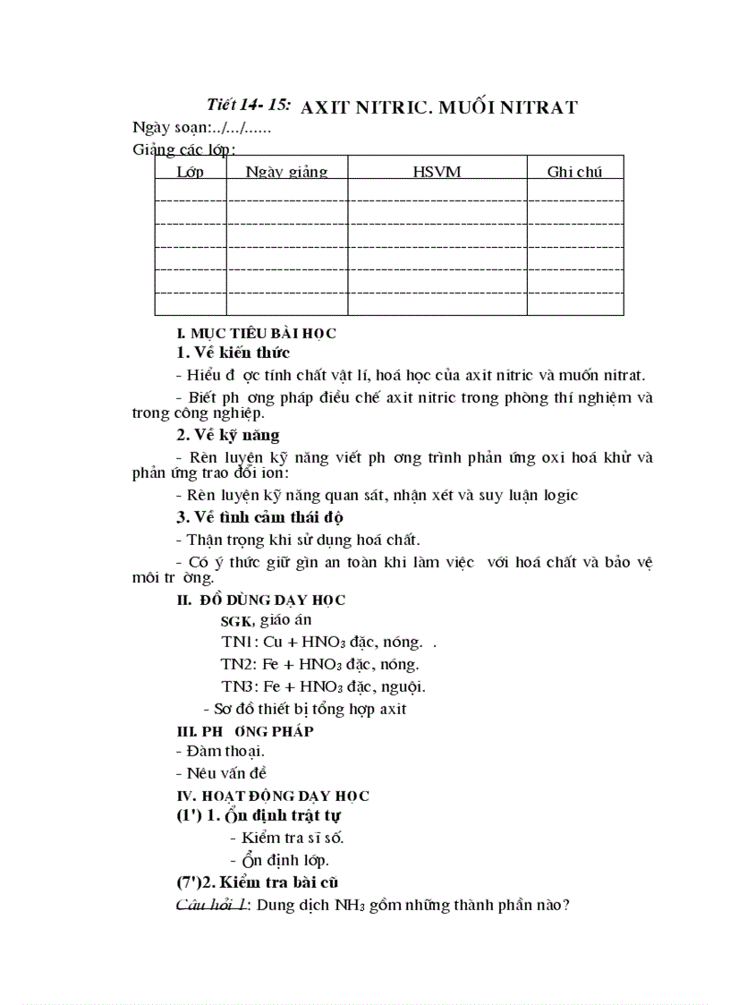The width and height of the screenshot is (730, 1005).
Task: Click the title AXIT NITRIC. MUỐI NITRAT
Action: tap(439, 107)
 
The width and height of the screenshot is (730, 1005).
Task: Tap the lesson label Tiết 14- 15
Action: tap(249, 105)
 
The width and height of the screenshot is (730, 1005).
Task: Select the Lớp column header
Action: tap(190, 172)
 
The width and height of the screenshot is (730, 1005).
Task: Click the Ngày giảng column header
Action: tap(286, 172)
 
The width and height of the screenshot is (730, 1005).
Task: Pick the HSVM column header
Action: tap(437, 172)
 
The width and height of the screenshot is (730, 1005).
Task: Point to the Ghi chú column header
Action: tap(575, 172)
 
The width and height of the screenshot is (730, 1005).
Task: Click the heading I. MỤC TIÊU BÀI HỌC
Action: tap(256, 334)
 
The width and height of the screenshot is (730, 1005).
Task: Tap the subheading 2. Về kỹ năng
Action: tap(227, 435)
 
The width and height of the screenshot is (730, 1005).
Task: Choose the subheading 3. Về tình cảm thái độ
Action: tap(260, 517)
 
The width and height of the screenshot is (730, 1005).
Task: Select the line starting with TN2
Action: tap(320, 665)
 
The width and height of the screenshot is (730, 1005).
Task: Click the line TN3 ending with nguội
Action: tap(323, 687)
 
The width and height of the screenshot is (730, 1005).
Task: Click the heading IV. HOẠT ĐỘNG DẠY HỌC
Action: tap(273, 796)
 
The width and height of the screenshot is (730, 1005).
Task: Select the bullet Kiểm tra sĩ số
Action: tap(286, 839)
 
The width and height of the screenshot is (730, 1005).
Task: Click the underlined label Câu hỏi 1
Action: tap(215, 906)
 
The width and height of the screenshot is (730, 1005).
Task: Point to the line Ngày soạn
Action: tap(202, 128)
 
